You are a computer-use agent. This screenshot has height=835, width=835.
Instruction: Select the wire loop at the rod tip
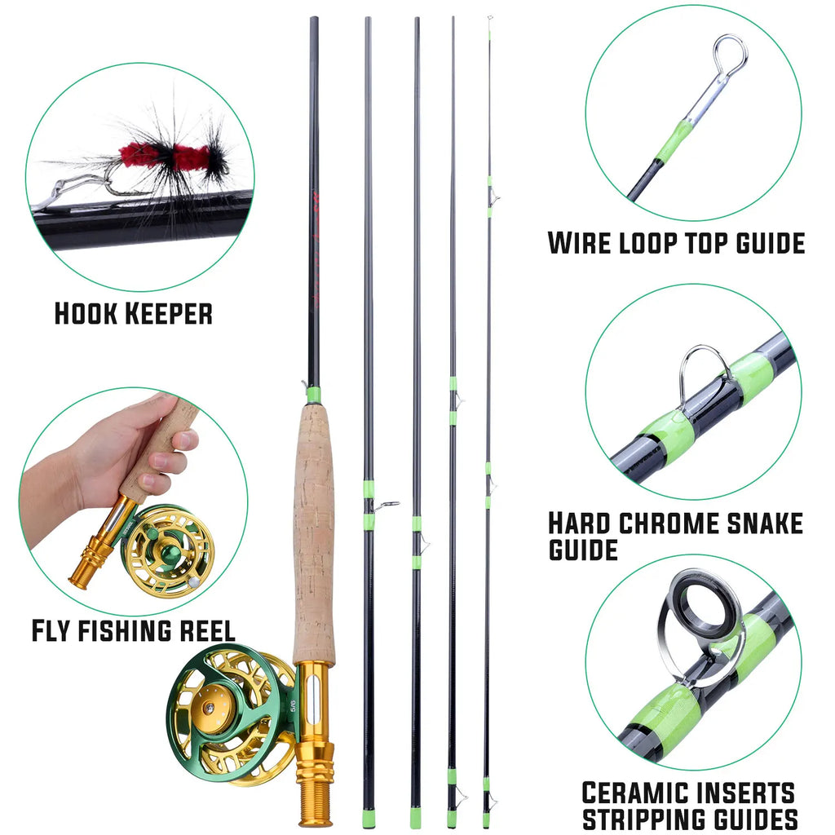(x=729, y=54)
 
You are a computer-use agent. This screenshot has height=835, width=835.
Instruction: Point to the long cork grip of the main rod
(x=314, y=530)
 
